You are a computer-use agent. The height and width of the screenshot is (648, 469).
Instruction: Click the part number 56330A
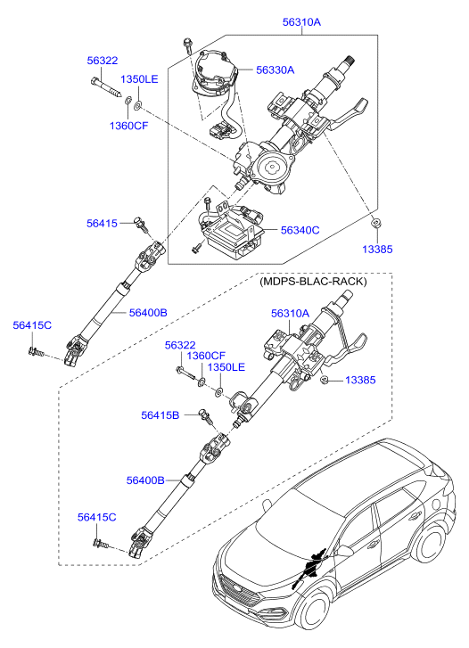click(x=275, y=70)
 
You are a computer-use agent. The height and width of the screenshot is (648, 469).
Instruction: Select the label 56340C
click(x=300, y=230)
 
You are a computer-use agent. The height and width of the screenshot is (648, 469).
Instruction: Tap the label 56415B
click(x=160, y=414)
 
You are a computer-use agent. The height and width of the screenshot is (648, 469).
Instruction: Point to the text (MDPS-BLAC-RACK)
click(x=313, y=282)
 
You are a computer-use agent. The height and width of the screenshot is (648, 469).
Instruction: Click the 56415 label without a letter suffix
click(x=102, y=223)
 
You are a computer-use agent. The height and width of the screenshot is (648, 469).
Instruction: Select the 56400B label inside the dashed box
click(x=145, y=480)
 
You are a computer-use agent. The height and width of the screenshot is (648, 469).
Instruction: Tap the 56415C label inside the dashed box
click(x=96, y=517)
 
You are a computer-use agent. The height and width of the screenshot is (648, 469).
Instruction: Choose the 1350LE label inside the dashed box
click(x=226, y=367)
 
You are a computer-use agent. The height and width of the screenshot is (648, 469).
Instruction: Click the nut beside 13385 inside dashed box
click(x=326, y=381)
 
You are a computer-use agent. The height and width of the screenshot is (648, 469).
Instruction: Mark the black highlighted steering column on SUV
click(x=311, y=567)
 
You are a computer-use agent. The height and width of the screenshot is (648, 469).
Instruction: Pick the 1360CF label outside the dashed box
click(x=129, y=126)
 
